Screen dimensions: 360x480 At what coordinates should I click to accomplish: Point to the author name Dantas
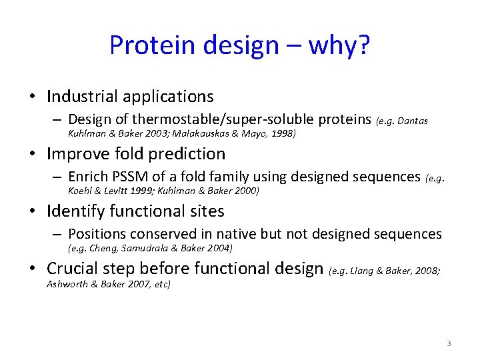point(413,121)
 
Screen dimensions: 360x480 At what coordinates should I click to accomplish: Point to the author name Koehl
point(81,191)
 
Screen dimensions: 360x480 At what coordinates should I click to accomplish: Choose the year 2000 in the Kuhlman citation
point(245,191)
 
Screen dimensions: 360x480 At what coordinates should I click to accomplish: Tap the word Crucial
point(73,269)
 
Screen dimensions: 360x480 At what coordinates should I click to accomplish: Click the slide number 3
point(449,343)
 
